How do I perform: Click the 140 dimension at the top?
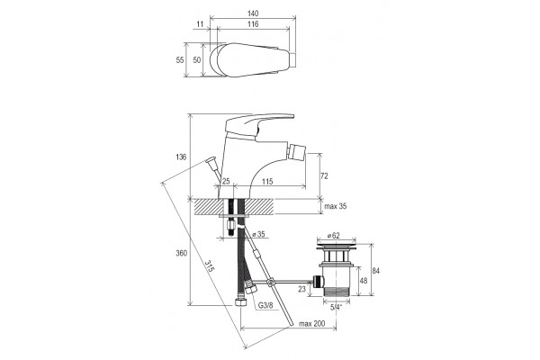pos(252,13)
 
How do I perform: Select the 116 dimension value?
pos(252,24)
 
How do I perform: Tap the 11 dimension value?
pos(201,24)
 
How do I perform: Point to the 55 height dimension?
pos(180,60)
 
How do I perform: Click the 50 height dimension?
pos(196,60)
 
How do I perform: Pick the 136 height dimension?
pos(181,157)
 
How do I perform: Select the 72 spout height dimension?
pos(324,176)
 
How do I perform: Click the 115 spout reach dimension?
pos(267,181)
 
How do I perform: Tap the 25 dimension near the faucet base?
pos(226,181)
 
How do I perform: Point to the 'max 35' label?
pos(336,206)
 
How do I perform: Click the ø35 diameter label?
pos(258,234)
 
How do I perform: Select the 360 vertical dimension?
pos(182,253)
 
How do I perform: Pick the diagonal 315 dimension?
pos(209,265)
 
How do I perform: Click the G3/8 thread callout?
pos(265,305)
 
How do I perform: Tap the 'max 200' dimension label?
pos(311,324)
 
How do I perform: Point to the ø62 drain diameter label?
pos(333,236)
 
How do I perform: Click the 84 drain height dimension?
pos(375,271)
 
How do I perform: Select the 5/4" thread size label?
pos(337,307)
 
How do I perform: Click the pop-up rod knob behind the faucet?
pos(211,160)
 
